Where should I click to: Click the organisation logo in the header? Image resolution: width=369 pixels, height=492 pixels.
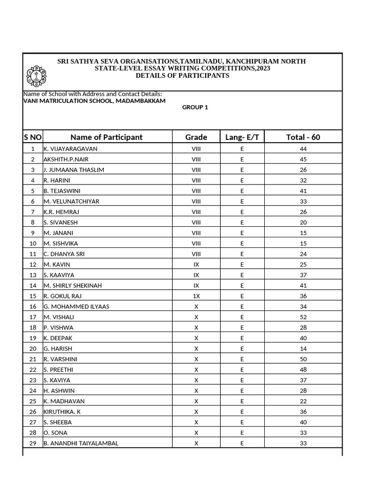click(x=37, y=75)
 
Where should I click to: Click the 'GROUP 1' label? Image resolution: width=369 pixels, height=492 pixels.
click(x=195, y=108)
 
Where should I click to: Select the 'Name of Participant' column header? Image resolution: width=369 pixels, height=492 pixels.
click(x=107, y=137)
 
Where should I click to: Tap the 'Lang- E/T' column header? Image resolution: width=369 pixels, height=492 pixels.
click(x=242, y=137)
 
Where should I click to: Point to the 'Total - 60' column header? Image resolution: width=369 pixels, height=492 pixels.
click(x=303, y=137)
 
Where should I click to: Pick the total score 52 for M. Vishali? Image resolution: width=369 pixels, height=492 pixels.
click(x=303, y=317)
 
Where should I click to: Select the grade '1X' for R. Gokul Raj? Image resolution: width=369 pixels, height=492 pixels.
click(x=196, y=296)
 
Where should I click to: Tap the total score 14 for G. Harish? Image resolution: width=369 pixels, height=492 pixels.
click(x=303, y=349)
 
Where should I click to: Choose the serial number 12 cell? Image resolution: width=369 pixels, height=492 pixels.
click(x=33, y=265)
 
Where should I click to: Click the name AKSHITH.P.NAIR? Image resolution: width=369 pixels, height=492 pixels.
click(x=66, y=160)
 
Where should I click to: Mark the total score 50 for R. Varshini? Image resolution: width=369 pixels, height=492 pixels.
click(x=303, y=359)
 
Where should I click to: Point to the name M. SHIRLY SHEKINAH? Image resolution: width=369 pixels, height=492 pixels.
click(x=73, y=285)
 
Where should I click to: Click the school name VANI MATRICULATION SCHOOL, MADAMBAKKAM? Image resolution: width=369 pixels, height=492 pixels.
click(x=95, y=101)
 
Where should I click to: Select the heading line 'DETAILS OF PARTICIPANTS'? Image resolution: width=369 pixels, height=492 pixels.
click(x=182, y=76)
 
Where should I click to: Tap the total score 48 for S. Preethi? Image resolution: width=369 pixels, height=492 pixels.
click(x=303, y=370)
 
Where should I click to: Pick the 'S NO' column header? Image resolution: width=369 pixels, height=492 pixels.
click(x=33, y=137)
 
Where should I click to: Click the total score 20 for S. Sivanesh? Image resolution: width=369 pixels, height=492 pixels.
click(x=303, y=222)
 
